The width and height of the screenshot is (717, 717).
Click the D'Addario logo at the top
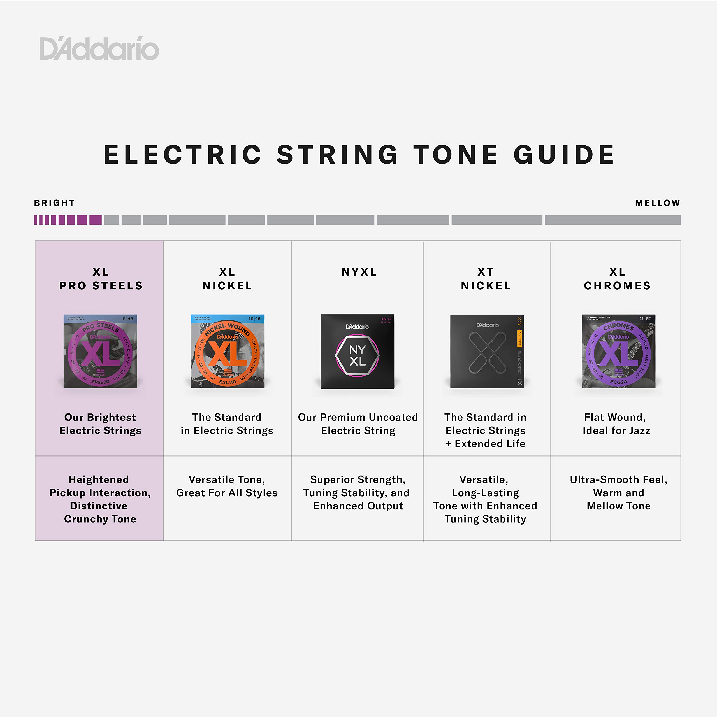coord(99,49)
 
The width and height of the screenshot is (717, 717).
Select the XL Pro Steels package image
coord(100,351)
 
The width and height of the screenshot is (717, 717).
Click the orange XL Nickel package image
coord(227,351)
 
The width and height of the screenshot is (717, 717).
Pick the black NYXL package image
coord(357,351)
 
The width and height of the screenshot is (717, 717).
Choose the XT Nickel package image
coord(487,351)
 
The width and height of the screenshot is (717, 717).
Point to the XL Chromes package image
coord(618,351)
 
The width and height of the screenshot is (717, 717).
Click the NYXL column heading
coord(359,272)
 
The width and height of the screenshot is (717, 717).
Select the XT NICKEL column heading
coord(486,279)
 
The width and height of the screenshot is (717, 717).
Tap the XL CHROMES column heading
coord(617,279)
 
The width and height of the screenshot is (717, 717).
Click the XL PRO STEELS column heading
coord(101,279)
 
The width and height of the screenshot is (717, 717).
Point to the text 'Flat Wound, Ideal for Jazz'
coord(616,424)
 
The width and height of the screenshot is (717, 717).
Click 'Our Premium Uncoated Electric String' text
coord(358,424)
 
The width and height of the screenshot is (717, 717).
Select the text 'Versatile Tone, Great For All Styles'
coord(227,486)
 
